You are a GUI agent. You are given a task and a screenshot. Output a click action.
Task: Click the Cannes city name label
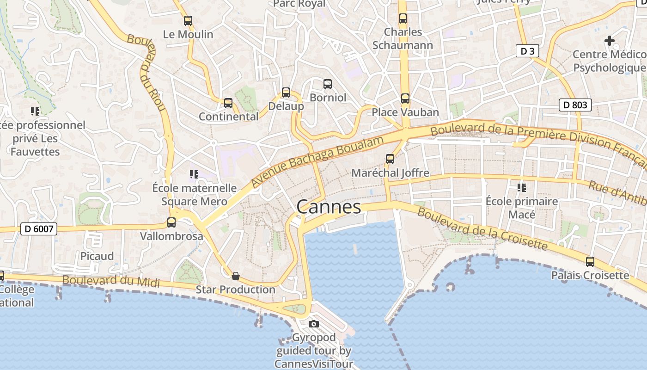coord(329,207)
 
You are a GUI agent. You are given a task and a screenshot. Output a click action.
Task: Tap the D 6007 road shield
coord(39,228)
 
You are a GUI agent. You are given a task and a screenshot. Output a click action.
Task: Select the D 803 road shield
coord(575,105)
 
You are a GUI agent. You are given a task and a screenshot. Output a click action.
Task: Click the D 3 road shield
coord(527,51)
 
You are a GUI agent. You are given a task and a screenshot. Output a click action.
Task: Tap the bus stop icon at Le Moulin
coord(188,21)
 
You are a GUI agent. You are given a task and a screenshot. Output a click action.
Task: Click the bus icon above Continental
coord(228,103)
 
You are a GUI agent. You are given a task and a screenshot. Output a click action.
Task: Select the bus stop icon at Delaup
coord(286,92)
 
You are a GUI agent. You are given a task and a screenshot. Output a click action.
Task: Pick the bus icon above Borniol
coord(328,84)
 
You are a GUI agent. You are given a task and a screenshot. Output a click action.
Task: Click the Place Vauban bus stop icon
coord(405,99)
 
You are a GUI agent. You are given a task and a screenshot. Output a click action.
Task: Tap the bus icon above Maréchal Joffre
coord(390,159)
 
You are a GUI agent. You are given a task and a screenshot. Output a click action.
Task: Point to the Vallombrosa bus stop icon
coord(171,222)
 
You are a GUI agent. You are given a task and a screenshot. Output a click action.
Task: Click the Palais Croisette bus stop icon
coord(590,262)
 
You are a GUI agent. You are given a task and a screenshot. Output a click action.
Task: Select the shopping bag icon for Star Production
coord(236,276)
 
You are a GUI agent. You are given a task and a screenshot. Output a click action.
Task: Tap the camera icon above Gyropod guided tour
coord(314,324)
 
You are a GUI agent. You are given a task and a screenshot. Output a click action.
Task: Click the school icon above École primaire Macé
coord(522,187)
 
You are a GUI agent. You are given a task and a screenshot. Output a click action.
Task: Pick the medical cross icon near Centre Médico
coord(610,41)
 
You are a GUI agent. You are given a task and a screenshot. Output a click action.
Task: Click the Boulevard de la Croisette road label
coord(482,229)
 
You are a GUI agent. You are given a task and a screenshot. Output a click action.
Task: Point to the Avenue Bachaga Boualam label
coord(318,162)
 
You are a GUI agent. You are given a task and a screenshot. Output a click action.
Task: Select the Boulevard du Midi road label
coord(111,281)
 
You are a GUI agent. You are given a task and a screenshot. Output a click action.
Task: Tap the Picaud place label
coord(97,256)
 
